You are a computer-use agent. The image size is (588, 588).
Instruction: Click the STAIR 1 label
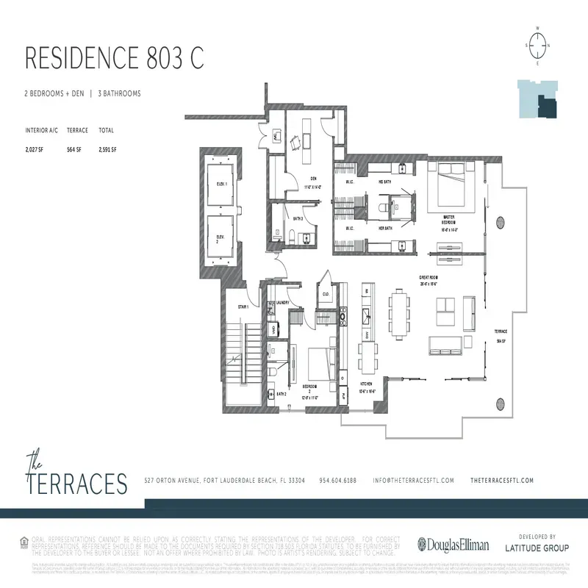click(x=243, y=306)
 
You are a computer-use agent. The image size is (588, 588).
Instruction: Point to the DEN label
click(x=312, y=179)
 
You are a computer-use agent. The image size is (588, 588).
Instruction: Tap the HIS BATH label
click(x=384, y=182)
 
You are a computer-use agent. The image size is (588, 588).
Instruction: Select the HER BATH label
click(x=384, y=229)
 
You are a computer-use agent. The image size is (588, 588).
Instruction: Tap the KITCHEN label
click(x=366, y=384)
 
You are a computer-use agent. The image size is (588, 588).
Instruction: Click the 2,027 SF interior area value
click(x=35, y=149)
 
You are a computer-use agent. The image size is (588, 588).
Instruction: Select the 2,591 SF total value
click(x=107, y=149)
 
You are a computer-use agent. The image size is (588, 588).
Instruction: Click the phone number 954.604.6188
click(x=337, y=480)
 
